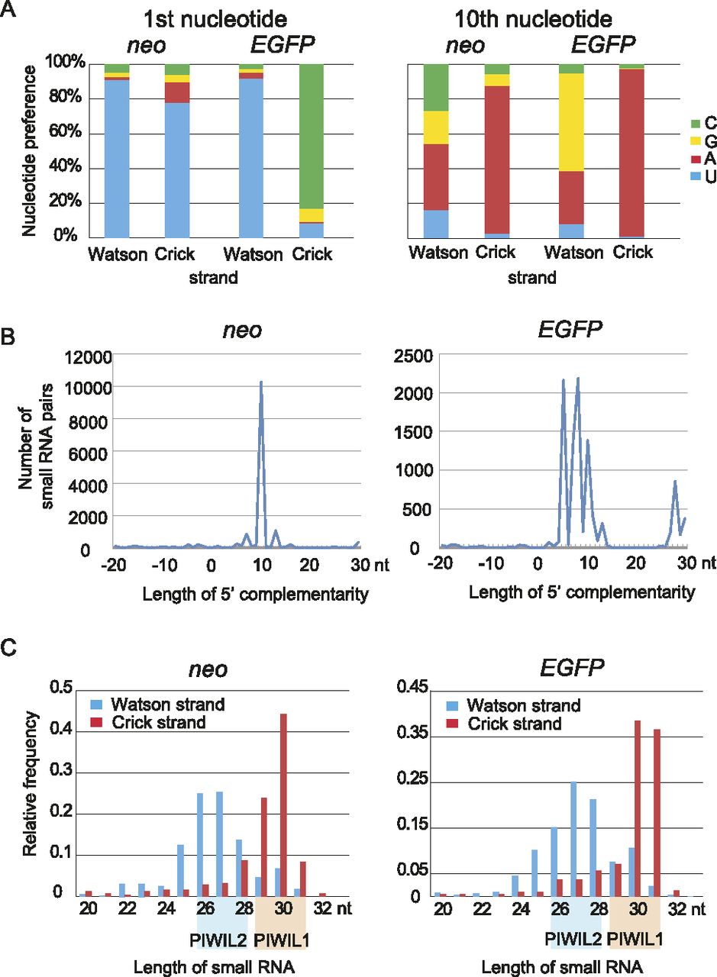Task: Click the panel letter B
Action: (11, 337)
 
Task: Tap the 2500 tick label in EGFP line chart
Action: (417, 356)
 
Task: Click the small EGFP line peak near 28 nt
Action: (675, 482)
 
